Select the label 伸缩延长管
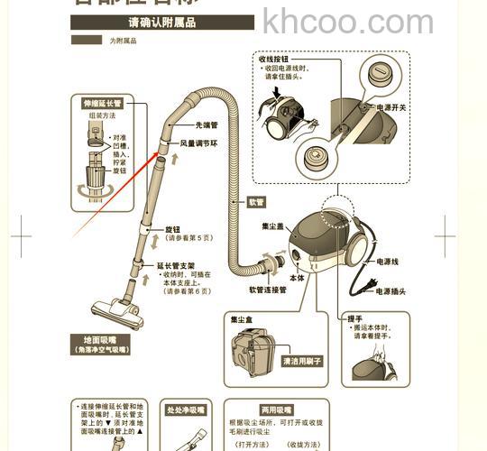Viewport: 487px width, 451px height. click(102, 104)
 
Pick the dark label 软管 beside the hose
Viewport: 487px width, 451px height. click(257, 202)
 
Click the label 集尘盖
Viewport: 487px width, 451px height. click(273, 225)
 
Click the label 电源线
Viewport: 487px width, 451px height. click(387, 261)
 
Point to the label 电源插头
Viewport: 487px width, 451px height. click(391, 291)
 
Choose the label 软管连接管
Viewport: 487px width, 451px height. click(267, 290)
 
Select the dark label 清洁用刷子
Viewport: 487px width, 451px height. click(302, 361)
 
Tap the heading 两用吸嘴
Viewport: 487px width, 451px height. click(275, 410)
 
